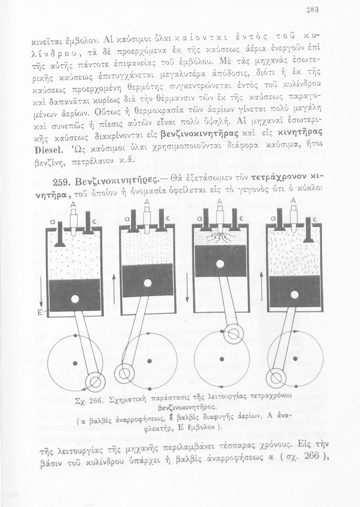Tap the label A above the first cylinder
point(73,205)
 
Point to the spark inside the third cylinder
point(220,238)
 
